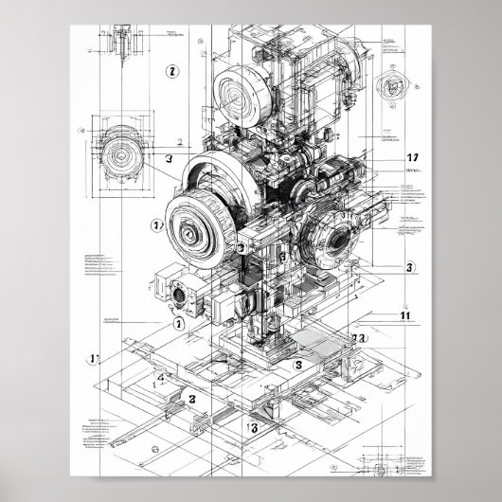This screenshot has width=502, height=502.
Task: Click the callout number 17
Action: (412, 158)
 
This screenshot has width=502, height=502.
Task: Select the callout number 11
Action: (405, 316)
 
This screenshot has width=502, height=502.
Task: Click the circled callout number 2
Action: (172, 70)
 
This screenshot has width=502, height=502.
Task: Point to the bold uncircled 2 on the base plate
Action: (190, 399)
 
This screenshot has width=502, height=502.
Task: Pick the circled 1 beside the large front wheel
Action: (157, 225)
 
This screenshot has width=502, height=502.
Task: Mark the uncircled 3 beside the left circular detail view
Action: (168, 160)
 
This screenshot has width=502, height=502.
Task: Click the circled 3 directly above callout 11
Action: (409, 268)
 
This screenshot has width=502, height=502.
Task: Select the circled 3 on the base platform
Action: (297, 365)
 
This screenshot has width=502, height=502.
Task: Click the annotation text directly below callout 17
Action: (413, 171)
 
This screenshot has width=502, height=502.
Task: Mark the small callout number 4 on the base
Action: (161, 378)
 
